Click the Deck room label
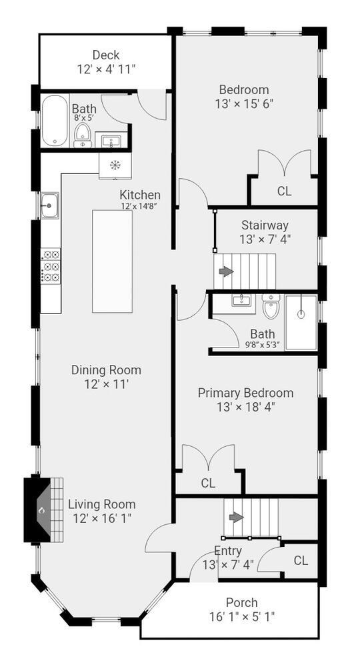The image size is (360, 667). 106,55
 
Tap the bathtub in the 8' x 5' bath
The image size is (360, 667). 55,120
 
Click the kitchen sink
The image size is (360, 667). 50,205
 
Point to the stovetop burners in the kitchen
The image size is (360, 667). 51,266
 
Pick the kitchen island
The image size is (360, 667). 112,261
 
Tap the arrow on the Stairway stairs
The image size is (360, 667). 226,271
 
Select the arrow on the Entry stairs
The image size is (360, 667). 236,518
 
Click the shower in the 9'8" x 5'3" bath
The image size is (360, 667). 301,322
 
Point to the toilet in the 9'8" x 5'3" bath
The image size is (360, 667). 271,306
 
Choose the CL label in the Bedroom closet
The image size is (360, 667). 285,191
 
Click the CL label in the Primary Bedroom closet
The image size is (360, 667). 208,483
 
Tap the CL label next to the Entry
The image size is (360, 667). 301,561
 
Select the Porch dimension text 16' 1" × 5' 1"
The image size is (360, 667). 242,616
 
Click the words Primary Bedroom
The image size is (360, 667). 246,393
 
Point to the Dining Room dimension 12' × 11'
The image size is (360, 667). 106,384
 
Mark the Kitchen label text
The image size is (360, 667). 140,195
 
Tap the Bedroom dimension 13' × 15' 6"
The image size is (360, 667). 244,104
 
